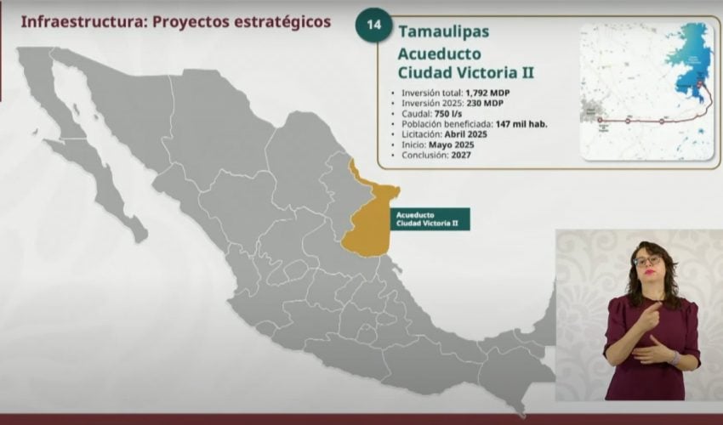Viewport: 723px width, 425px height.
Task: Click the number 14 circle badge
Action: click(x=373, y=25)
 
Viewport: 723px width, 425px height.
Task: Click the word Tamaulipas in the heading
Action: click(x=443, y=31)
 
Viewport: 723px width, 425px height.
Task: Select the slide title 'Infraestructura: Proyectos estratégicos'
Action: click(x=175, y=21)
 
